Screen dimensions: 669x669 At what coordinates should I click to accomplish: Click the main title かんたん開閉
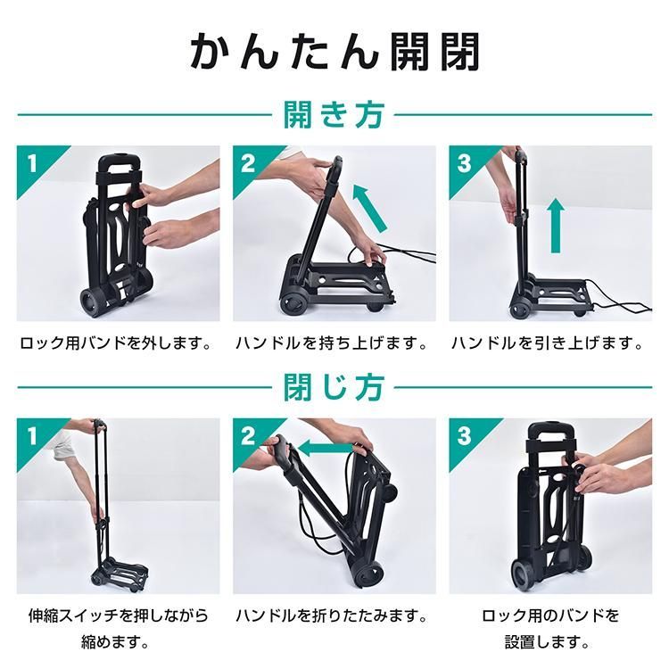tap(334, 52)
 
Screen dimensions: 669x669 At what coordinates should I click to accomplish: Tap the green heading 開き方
tap(334, 114)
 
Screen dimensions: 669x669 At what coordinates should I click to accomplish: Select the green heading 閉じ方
tap(334, 387)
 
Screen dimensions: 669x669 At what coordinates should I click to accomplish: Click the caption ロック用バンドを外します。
tap(116, 343)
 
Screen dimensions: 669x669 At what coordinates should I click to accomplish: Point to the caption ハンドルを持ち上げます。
tap(332, 343)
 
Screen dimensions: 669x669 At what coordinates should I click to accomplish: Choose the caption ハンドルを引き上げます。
tap(548, 343)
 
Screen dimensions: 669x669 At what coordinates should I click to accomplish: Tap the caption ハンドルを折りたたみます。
tap(332, 615)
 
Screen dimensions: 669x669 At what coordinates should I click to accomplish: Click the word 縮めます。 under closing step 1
tap(116, 642)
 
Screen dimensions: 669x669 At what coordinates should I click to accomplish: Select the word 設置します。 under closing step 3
tap(549, 642)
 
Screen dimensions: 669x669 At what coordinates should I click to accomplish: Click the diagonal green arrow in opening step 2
tap(370, 208)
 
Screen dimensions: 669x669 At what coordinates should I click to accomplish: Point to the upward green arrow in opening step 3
tap(555, 226)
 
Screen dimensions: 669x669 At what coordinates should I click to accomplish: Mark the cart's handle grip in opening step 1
tap(119, 163)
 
